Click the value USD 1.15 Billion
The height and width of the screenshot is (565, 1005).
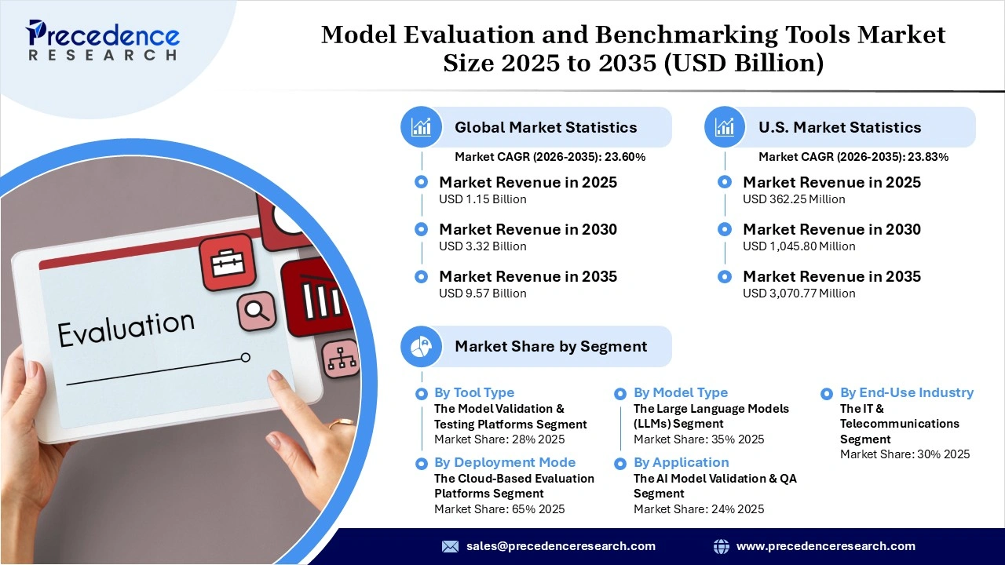[x=482, y=199]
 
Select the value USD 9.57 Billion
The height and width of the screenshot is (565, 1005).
[x=482, y=293]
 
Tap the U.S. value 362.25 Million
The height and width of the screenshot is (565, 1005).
[x=794, y=199]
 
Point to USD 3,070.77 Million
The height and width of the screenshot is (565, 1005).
[x=799, y=293]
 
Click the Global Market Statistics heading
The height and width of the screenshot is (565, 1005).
[x=546, y=127]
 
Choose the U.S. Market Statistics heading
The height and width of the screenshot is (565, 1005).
[x=839, y=127]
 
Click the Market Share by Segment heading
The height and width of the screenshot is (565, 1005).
[x=550, y=346]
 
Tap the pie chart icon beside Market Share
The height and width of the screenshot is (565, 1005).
[x=422, y=346]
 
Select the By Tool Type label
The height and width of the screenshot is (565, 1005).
[x=473, y=392]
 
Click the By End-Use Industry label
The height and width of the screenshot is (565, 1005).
[x=906, y=392]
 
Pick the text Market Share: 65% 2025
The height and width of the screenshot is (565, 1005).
[x=499, y=509]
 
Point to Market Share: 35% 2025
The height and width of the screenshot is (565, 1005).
[x=699, y=439]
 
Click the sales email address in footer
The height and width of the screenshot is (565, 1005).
[x=560, y=546]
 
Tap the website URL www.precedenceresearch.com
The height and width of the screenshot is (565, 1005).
[x=825, y=546]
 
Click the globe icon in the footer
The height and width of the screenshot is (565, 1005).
[x=721, y=546]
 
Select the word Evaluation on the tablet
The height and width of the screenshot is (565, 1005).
[x=126, y=328]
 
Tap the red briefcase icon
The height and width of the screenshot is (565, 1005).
[x=228, y=262]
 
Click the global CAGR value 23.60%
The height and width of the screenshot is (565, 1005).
[x=623, y=157]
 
